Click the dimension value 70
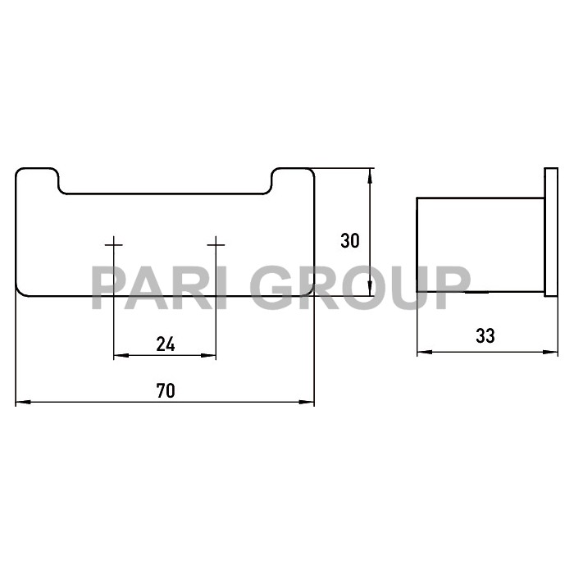[x=165, y=391]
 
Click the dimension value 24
[x=165, y=344]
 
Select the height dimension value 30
[x=350, y=241]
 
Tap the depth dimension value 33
[x=485, y=335]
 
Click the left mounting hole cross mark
[x=113, y=244]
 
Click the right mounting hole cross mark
[x=216, y=244]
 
